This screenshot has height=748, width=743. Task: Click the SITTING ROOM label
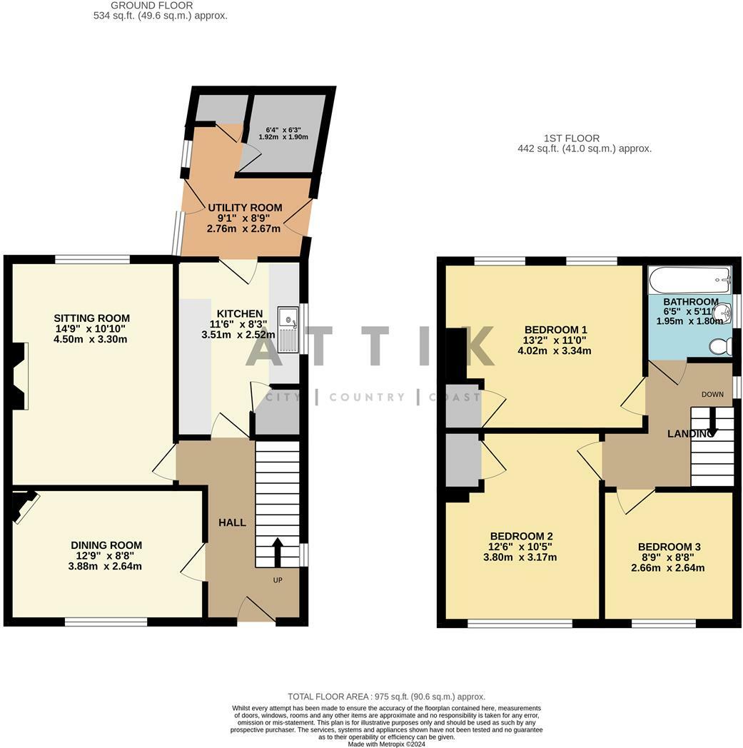point(91,318)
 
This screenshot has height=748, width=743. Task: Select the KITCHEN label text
point(240,314)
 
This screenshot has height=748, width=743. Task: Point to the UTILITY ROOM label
point(245,208)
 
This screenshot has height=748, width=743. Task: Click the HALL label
point(232,522)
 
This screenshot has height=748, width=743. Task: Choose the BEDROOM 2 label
point(521,536)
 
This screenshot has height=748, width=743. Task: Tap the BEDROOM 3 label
point(669,547)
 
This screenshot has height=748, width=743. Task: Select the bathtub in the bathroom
point(689,280)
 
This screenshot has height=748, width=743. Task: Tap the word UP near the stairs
point(278,580)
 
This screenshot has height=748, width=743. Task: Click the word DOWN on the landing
point(712,395)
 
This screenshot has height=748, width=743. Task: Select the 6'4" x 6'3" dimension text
point(283,129)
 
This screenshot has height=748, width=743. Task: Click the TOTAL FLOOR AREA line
point(386,697)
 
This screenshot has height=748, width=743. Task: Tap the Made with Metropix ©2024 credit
point(386,744)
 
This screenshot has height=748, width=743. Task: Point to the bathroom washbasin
point(723,312)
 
